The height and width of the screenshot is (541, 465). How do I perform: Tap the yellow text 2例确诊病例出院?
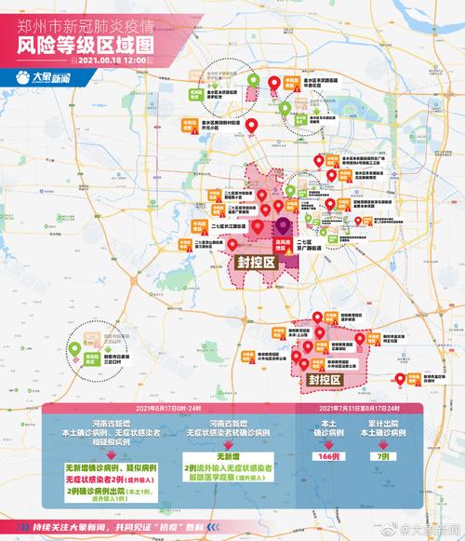pos(100,490)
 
